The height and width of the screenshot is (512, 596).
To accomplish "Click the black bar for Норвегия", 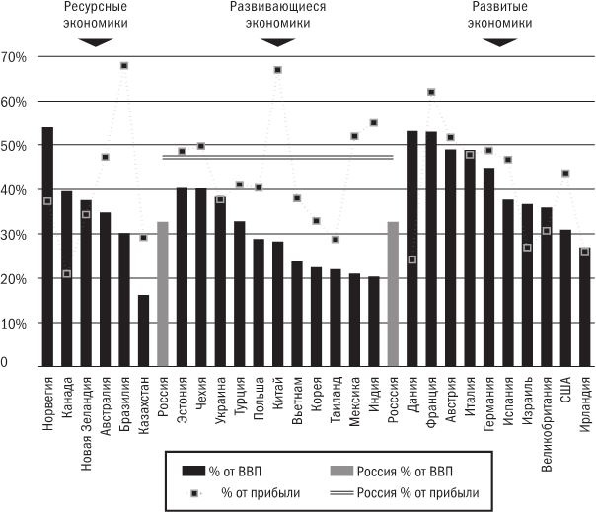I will pos(47,247).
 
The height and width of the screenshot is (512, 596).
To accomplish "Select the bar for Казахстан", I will pos(143,330).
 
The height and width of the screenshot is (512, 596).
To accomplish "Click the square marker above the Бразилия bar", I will pos(124,66).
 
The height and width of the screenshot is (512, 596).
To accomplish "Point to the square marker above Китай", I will pos(277,70).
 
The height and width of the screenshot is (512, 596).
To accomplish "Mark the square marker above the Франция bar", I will pos(431,93).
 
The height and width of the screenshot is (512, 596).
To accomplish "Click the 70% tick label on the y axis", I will pos(14,57).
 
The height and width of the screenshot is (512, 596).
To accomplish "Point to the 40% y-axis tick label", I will pos(14,190).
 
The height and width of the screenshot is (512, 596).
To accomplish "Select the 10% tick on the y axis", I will pos(14,324).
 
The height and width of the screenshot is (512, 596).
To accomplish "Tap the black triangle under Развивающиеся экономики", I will pos(277,42).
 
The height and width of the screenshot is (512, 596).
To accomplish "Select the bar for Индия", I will pos(373,321).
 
